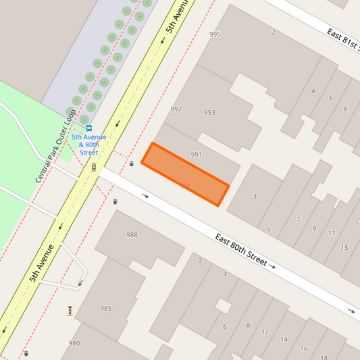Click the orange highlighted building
click(185, 174)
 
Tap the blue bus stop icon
click(89, 128)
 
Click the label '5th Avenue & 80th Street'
click(89, 145)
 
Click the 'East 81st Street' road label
click(343, 43)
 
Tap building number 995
click(215, 34)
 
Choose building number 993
click(209, 113)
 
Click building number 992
click(176, 109)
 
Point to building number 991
click(197, 155)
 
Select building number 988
click(132, 235)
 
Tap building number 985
click(105, 309)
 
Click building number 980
click(74, 343)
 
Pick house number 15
click(344, 248)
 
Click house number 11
click(331, 233)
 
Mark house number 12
click(265, 332)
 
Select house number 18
click(324, 357)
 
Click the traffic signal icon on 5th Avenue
click(94, 167)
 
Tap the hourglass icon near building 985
click(70, 311)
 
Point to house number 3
click(255, 197)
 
